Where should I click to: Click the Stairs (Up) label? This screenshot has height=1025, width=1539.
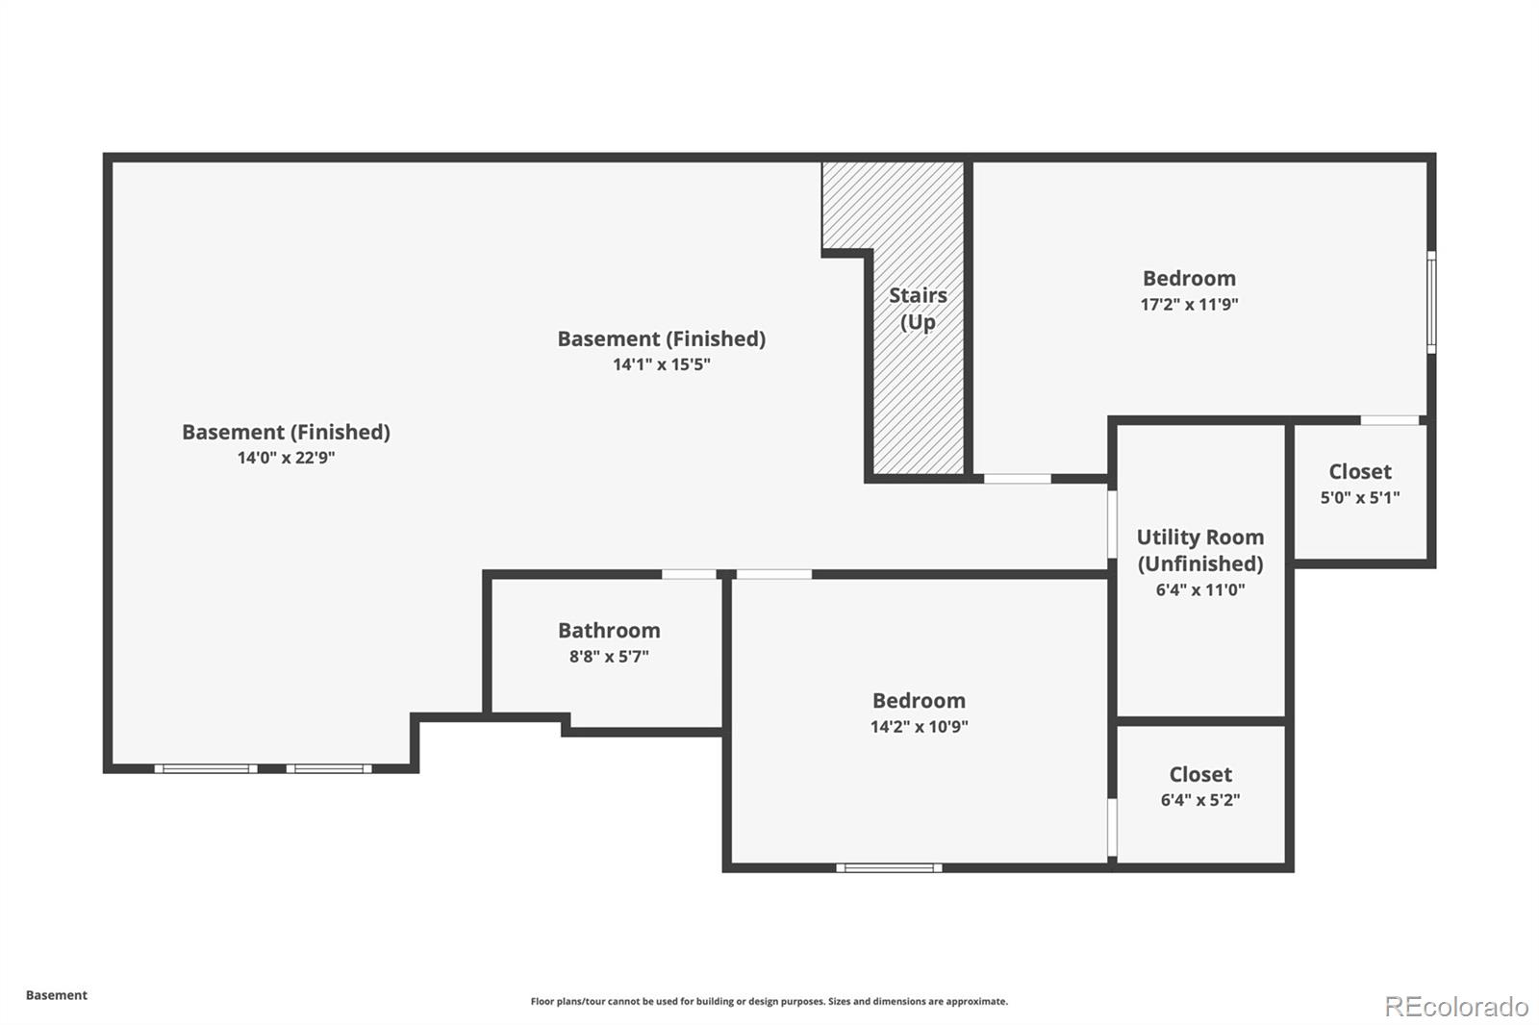pyautogui.click(x=918, y=309)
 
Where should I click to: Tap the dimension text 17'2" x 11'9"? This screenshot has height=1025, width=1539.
pyautogui.click(x=1189, y=304)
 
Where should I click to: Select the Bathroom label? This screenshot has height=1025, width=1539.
pyautogui.click(x=609, y=630)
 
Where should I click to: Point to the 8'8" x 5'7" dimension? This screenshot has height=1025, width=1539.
pyautogui.click(x=609, y=656)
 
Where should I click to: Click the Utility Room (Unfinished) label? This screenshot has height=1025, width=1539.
pyautogui.click(x=1200, y=550)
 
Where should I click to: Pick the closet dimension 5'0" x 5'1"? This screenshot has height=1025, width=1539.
pyautogui.click(x=1360, y=497)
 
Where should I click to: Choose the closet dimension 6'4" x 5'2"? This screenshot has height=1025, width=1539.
pyautogui.click(x=1200, y=800)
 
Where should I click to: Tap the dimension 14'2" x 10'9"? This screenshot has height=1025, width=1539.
pyautogui.click(x=920, y=726)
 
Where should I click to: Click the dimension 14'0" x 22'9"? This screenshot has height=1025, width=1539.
pyautogui.click(x=286, y=458)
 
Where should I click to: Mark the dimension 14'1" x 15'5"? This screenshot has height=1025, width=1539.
pyautogui.click(x=662, y=364)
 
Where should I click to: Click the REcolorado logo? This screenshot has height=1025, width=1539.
pyautogui.click(x=1456, y=1007)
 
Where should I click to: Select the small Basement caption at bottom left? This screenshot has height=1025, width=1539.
pyautogui.click(x=57, y=995)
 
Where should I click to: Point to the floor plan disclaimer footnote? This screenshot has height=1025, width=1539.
pyautogui.click(x=769, y=1001)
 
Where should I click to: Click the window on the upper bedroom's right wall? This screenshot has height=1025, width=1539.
pyautogui.click(x=1431, y=302)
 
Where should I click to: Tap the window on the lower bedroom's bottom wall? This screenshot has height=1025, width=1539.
pyautogui.click(x=889, y=867)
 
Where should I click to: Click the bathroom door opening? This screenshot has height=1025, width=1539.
pyautogui.click(x=689, y=574)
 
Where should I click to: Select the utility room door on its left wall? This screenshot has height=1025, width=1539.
pyautogui.click(x=1112, y=524)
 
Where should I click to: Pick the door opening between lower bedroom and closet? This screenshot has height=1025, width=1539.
pyautogui.click(x=1112, y=827)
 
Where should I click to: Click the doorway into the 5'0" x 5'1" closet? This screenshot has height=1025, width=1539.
pyautogui.click(x=1390, y=420)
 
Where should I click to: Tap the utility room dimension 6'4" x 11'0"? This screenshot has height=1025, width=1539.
pyautogui.click(x=1200, y=589)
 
